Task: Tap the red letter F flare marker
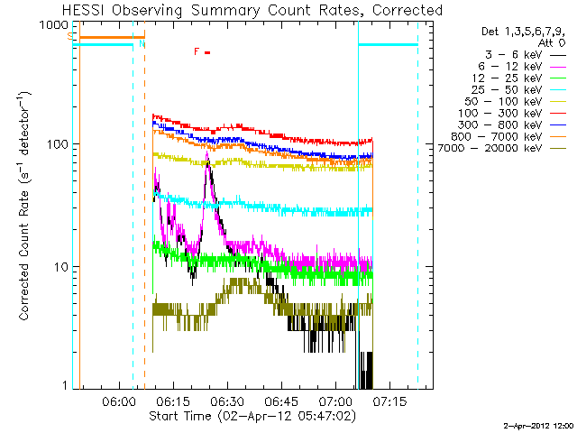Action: [x=197, y=51]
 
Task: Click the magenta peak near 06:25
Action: [x=208, y=155]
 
